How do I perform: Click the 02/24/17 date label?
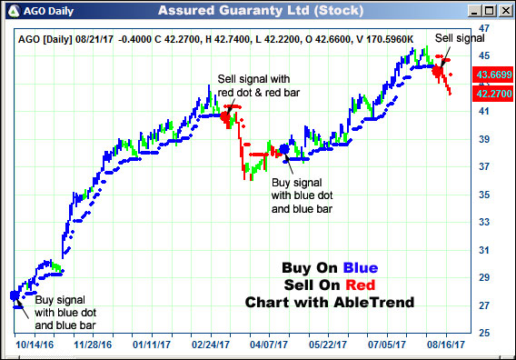(207, 345)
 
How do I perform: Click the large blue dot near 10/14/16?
(15, 295)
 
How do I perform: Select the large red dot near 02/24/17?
(227, 115)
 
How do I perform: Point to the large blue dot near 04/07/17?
(284, 149)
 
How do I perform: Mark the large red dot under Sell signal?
(437, 70)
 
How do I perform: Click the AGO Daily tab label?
(45, 11)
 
